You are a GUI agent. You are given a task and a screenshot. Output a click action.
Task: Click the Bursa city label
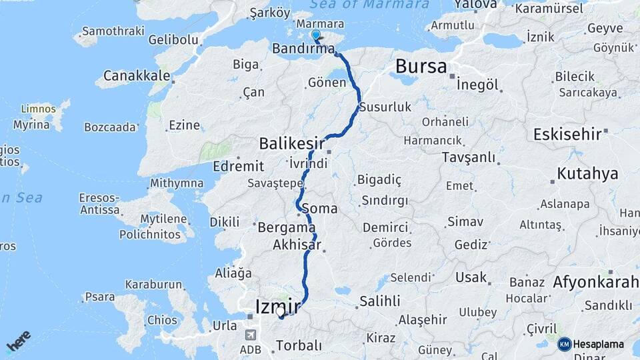click(x=421, y=66)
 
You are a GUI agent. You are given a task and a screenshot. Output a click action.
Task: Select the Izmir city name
click(x=278, y=306)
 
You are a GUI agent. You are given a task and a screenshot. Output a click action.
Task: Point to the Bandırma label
click(x=303, y=49)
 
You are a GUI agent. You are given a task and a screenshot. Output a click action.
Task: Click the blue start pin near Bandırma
click(x=315, y=35)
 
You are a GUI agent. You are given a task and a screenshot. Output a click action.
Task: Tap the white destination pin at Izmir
click(x=280, y=311)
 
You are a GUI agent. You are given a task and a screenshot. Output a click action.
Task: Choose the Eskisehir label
click(x=567, y=134)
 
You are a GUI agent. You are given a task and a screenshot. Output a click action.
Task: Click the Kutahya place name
click(x=587, y=174)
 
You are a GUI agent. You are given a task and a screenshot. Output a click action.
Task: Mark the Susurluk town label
click(x=385, y=107)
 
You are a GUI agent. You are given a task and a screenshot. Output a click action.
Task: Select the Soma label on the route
click(x=319, y=209)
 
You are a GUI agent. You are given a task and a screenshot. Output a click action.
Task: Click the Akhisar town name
click(x=298, y=245)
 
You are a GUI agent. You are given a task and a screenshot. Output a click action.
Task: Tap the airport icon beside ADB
click(x=251, y=335)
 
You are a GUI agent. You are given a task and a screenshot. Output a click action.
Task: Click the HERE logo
click(x=18, y=341)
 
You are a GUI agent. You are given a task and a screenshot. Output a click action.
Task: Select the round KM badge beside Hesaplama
click(x=565, y=344)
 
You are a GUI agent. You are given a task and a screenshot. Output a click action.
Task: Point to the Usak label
click(x=471, y=277)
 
